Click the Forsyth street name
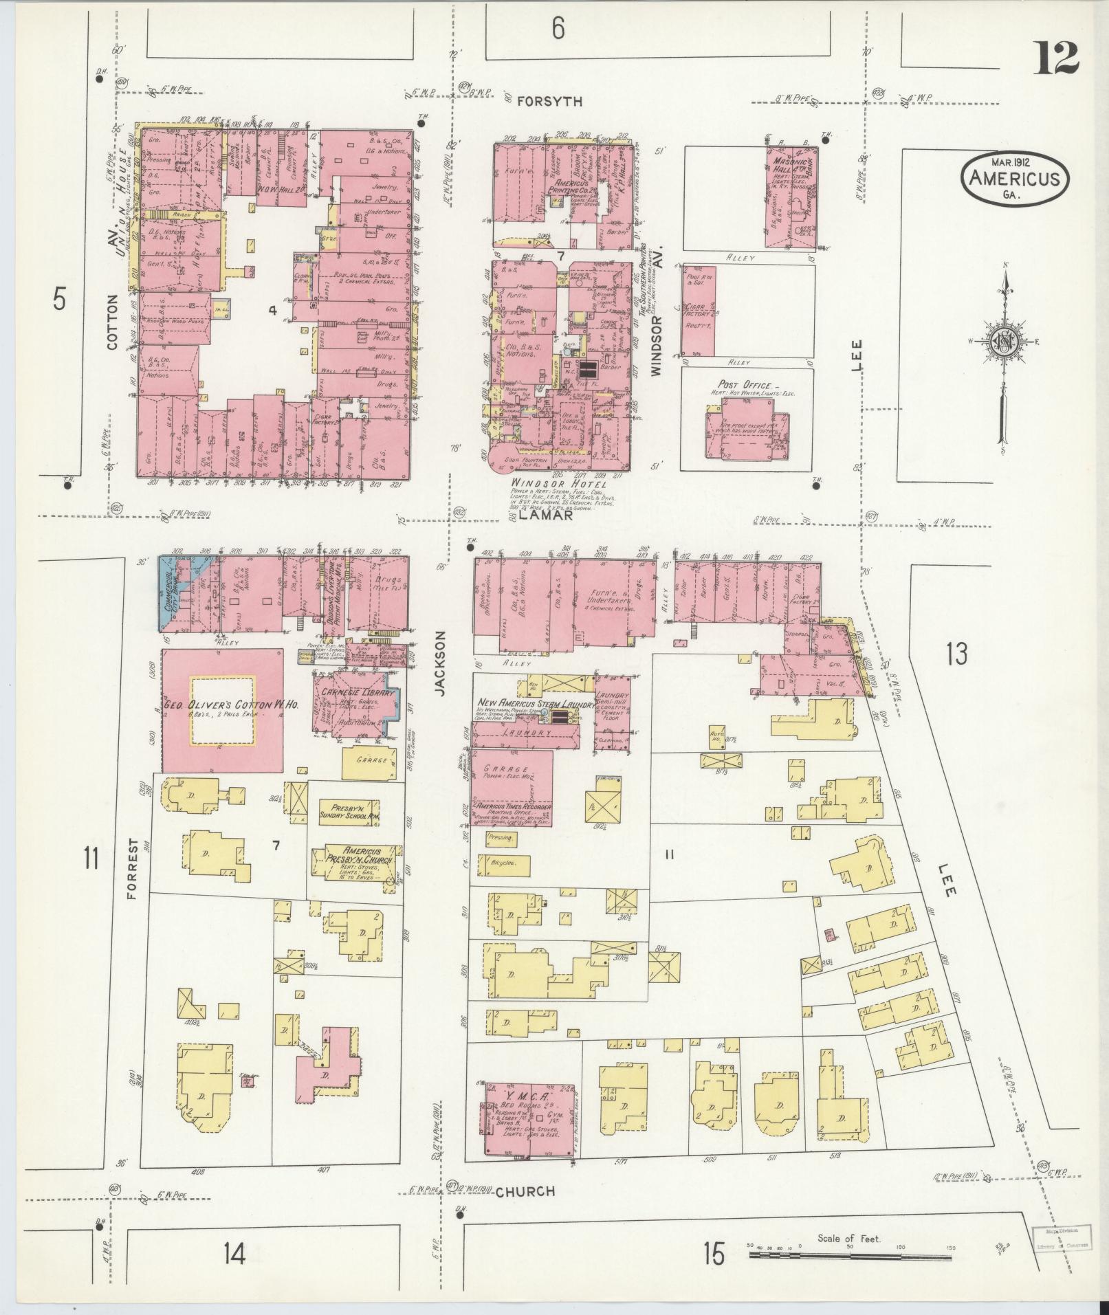coord(549,101)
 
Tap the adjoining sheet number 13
coord(955,653)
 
